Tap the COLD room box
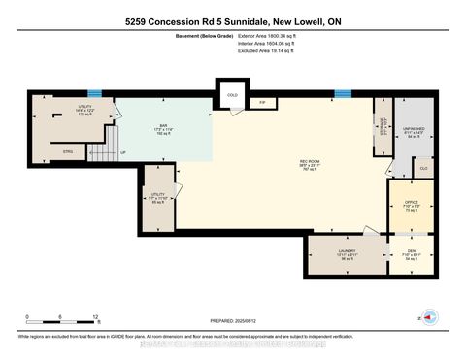coord(232,95)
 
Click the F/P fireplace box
coord(262,102)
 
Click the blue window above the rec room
coord(342,94)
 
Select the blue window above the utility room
coord(94,94)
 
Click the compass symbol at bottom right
coord(432,316)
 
